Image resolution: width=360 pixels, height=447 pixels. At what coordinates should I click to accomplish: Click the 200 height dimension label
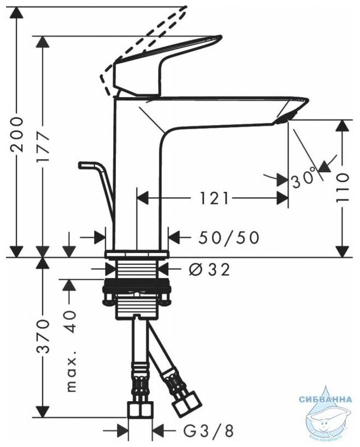pos(18,133)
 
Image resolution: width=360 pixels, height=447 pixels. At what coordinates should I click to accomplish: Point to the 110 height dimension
pos(341,188)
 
